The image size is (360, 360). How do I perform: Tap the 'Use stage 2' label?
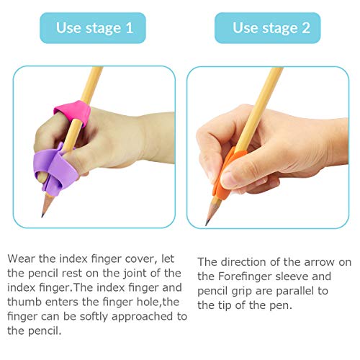click(268, 28)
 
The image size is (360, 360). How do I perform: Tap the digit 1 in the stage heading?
click(129, 28)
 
